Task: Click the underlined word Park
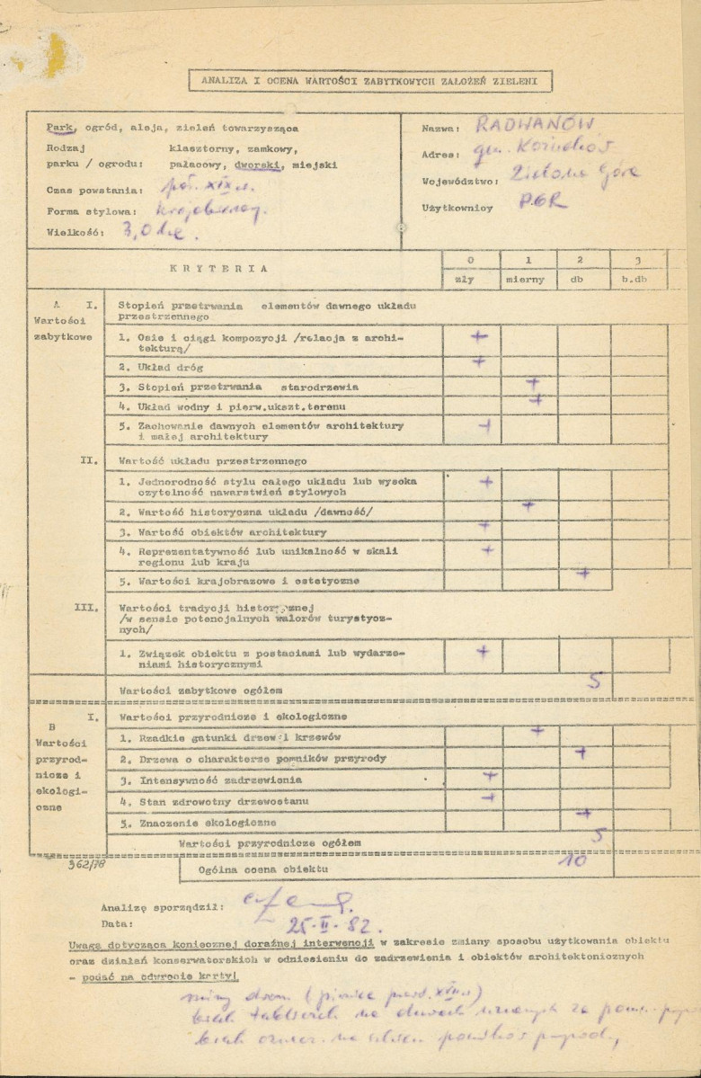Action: click(62, 127)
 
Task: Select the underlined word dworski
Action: click(256, 165)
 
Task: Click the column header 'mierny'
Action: click(525, 279)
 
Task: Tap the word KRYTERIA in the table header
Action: click(219, 267)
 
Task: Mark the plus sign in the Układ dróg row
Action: click(479, 362)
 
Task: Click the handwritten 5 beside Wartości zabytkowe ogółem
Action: click(594, 682)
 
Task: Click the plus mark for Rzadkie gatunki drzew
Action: click(537, 731)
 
